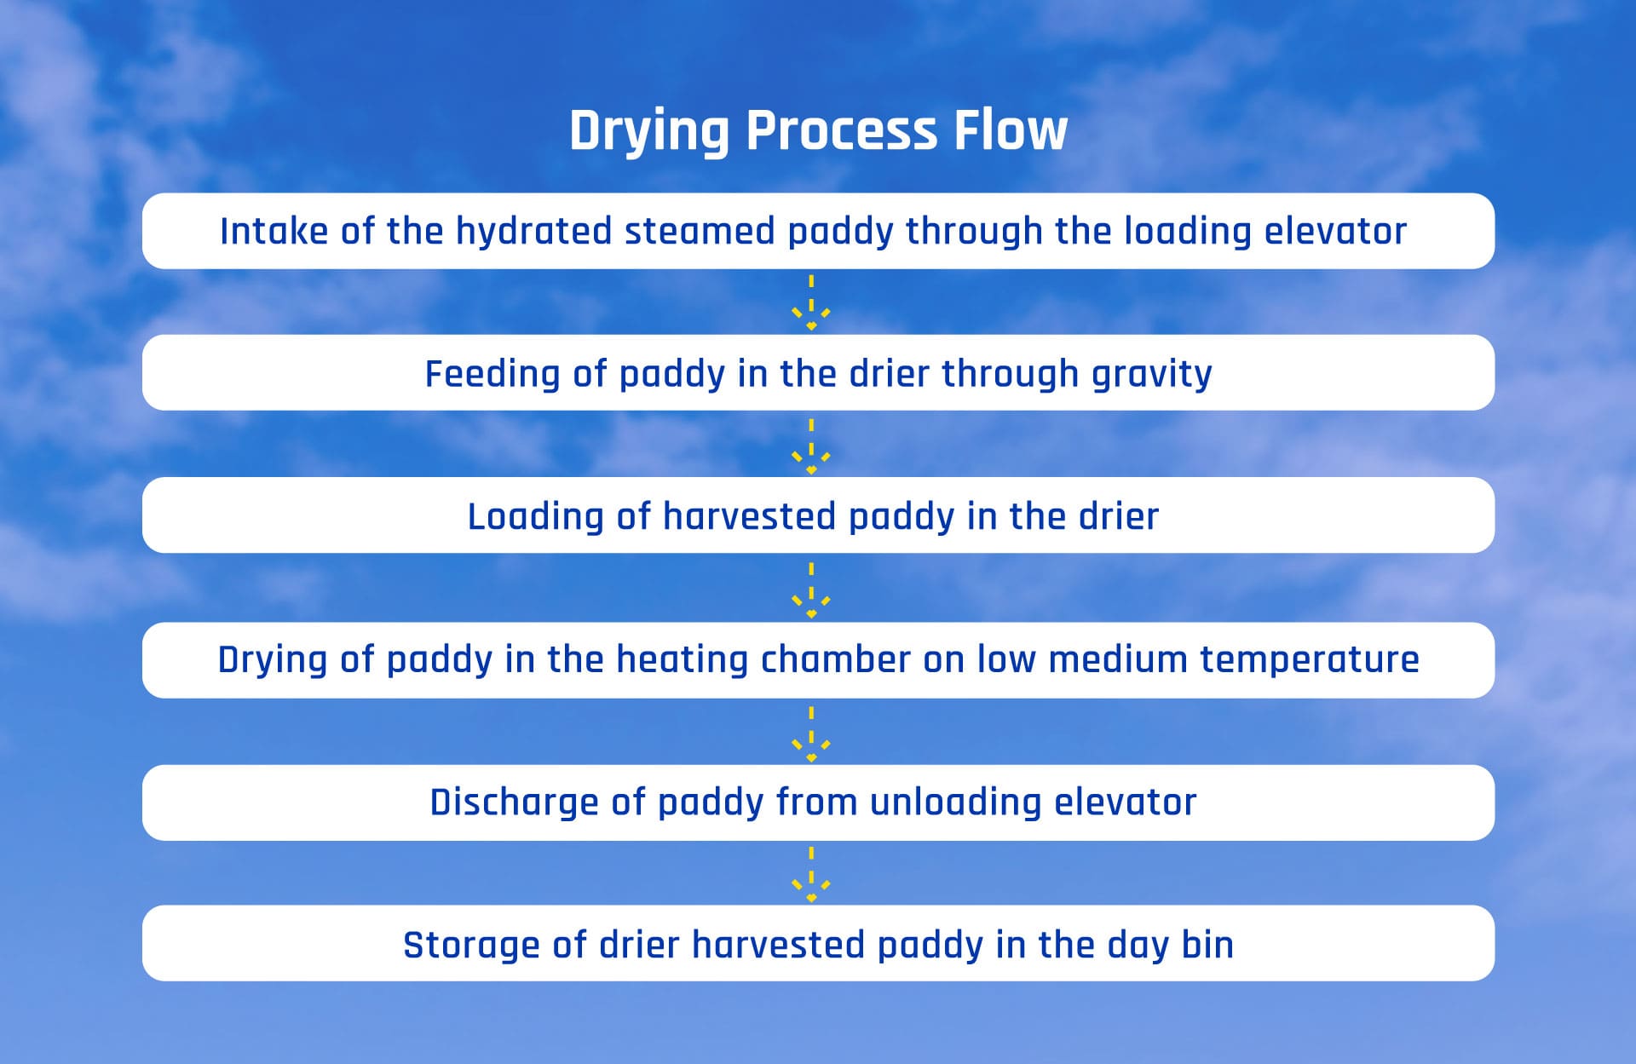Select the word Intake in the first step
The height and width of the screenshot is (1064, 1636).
274,231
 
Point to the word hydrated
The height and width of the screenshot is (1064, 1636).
533,231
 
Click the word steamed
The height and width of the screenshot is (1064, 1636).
700,231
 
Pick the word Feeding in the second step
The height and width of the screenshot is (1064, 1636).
493,374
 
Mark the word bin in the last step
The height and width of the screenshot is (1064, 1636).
1207,945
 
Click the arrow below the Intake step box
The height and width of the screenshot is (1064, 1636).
811,302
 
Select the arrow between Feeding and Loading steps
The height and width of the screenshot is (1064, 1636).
811,446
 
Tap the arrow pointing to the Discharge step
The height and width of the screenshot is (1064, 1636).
811,733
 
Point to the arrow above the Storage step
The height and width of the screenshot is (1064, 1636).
811,874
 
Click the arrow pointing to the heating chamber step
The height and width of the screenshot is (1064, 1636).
811,590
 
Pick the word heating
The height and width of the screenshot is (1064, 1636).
682,660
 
